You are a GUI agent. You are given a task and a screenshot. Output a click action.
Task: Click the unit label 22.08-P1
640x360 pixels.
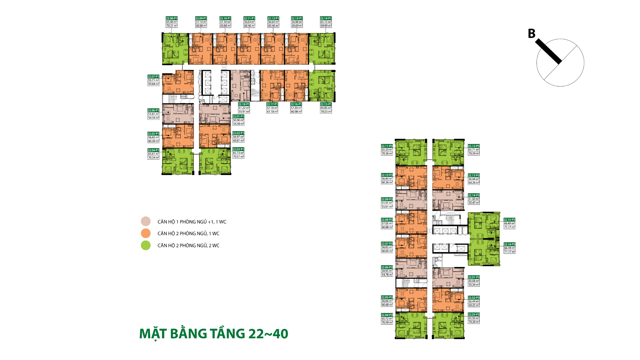(x=172, y=18)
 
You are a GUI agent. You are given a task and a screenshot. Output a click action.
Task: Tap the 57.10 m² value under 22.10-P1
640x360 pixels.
(x=225, y=22)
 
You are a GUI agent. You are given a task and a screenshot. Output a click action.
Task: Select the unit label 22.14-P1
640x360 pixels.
(x=326, y=18)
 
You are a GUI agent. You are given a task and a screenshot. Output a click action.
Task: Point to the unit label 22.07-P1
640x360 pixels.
(x=153, y=76)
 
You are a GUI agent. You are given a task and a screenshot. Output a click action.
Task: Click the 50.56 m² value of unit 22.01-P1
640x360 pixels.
(x=238, y=120)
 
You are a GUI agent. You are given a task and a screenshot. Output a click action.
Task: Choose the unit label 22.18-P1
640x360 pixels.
(x=244, y=104)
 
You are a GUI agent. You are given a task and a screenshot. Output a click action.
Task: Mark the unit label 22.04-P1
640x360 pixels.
(x=153, y=150)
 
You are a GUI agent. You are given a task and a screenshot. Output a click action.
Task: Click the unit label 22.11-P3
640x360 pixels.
(x=387, y=146)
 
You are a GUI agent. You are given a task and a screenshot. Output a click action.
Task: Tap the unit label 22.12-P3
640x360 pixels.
(x=474, y=146)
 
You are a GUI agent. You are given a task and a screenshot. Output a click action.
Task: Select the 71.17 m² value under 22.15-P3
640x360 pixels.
(x=509, y=227)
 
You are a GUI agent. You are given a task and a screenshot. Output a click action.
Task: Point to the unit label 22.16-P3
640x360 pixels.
(x=509, y=244)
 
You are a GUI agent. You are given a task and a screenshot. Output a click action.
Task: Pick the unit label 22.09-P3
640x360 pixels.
(x=387, y=199)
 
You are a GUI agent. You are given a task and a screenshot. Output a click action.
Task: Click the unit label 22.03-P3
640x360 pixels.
(x=474, y=315)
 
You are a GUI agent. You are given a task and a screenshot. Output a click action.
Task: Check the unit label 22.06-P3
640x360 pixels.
(x=387, y=267)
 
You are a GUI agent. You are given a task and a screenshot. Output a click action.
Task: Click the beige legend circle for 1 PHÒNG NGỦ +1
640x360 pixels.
(x=146, y=221)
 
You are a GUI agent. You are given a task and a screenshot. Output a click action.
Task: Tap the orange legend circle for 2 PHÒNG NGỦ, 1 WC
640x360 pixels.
(x=146, y=233)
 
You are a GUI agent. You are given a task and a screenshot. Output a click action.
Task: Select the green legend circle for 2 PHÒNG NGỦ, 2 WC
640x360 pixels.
(x=146, y=245)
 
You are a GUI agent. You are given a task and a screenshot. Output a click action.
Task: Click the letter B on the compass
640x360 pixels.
(x=532, y=34)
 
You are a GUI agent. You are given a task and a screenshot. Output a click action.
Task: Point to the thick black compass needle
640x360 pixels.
(x=548, y=51)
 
